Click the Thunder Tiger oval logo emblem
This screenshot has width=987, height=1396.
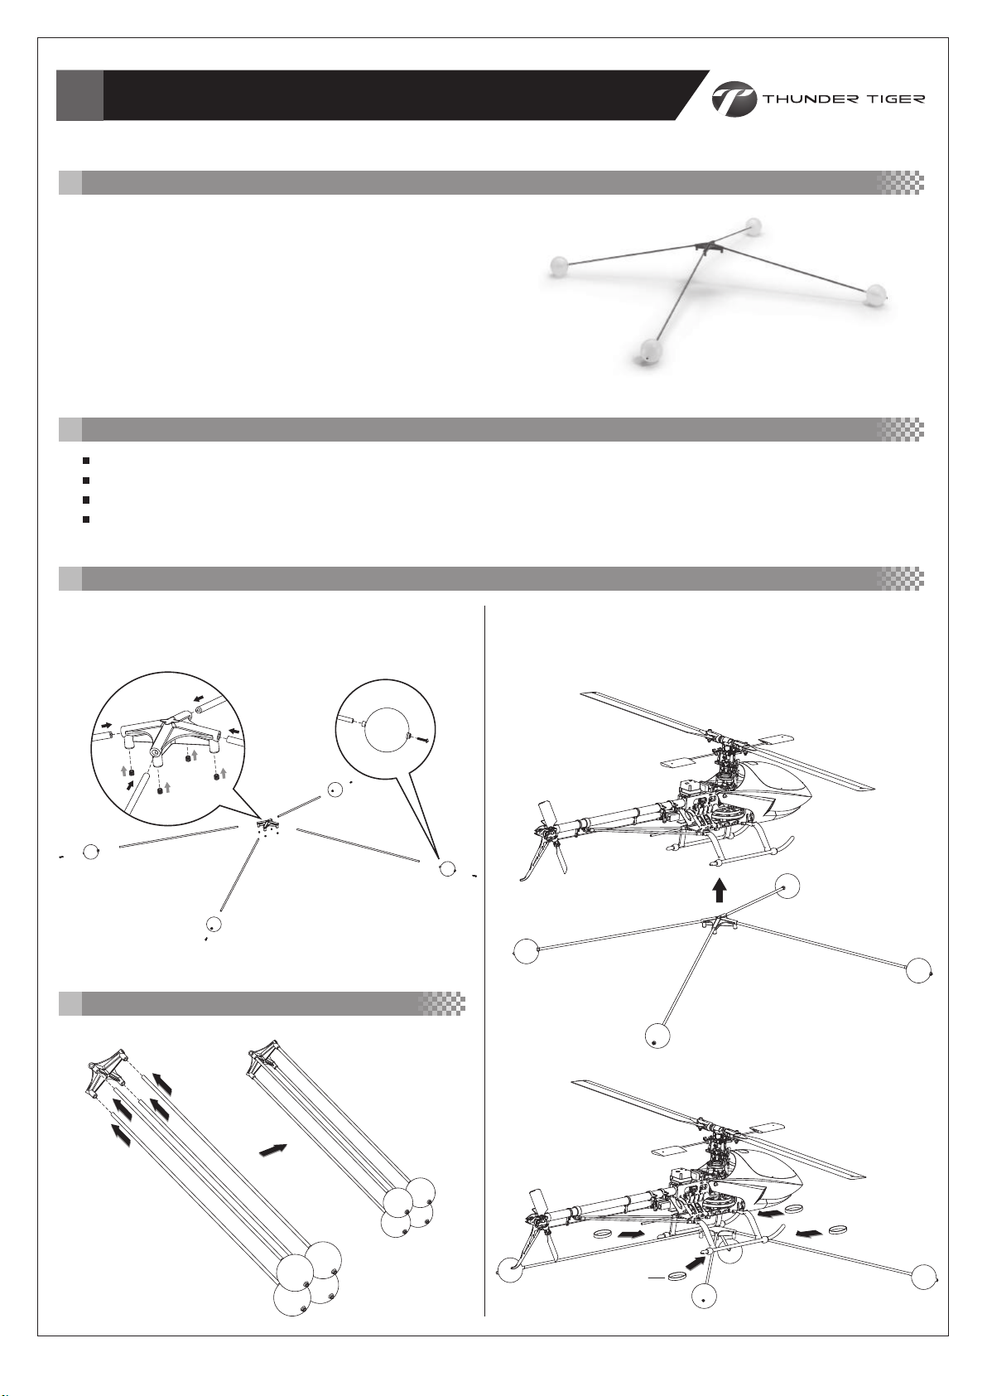(x=734, y=99)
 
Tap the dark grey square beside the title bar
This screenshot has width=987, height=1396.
(x=79, y=95)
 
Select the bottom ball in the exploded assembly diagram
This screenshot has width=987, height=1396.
(x=214, y=925)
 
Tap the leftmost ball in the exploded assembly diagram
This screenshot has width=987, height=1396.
(x=92, y=852)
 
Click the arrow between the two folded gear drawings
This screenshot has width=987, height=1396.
(x=273, y=1149)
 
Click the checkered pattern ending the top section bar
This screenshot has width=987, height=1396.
(x=901, y=182)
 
